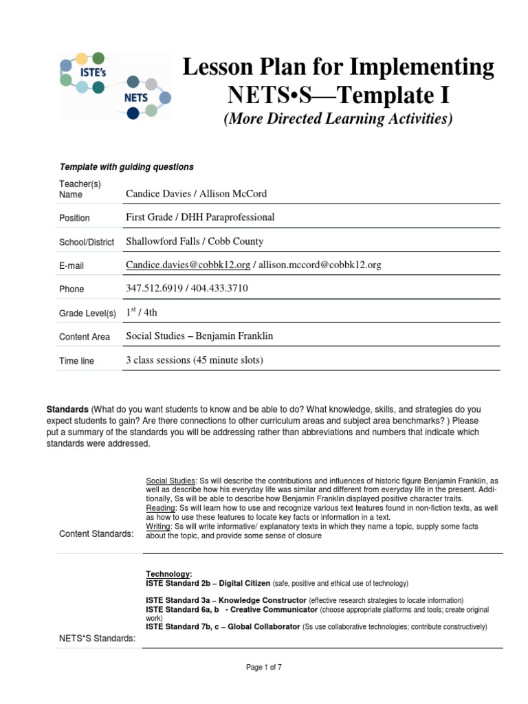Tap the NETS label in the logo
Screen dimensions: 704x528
pos(135,97)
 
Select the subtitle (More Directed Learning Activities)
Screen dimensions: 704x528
pos(338,118)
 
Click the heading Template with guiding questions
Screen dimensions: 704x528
pos(126,166)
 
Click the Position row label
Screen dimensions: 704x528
pos(74,218)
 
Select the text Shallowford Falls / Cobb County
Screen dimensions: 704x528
pos(195,241)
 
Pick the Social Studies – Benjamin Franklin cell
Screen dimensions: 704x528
pos(199,336)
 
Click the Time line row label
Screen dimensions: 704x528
pos(77,361)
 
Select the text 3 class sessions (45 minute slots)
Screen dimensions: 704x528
pos(195,360)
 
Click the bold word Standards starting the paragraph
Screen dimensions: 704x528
pos(67,409)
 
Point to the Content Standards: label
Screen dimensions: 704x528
pos(96,534)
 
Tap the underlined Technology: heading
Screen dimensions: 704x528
pos(168,573)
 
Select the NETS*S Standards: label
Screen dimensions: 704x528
pos(98,639)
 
